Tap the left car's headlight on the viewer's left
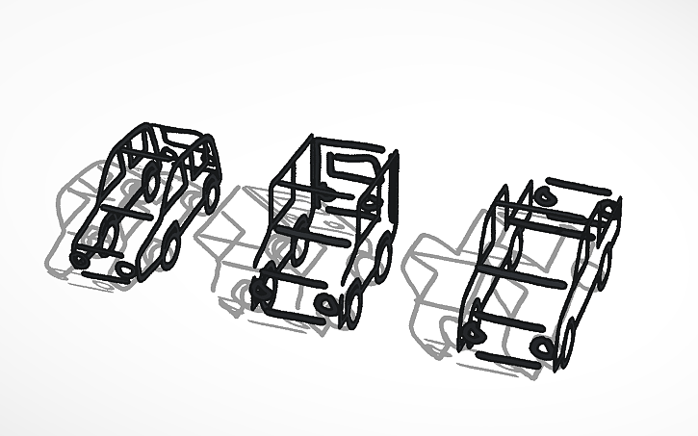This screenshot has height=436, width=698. (x=80, y=259)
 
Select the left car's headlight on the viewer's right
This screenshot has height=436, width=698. (x=124, y=269)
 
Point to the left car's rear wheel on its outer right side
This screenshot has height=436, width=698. (x=211, y=194)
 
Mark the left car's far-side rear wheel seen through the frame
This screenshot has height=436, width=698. (x=151, y=179)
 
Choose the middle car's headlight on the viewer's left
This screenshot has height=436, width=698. (x=260, y=287)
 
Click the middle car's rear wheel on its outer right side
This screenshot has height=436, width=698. (x=384, y=258)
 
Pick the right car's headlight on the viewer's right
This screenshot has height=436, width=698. (x=545, y=347)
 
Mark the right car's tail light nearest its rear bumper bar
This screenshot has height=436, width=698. (x=545, y=195)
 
